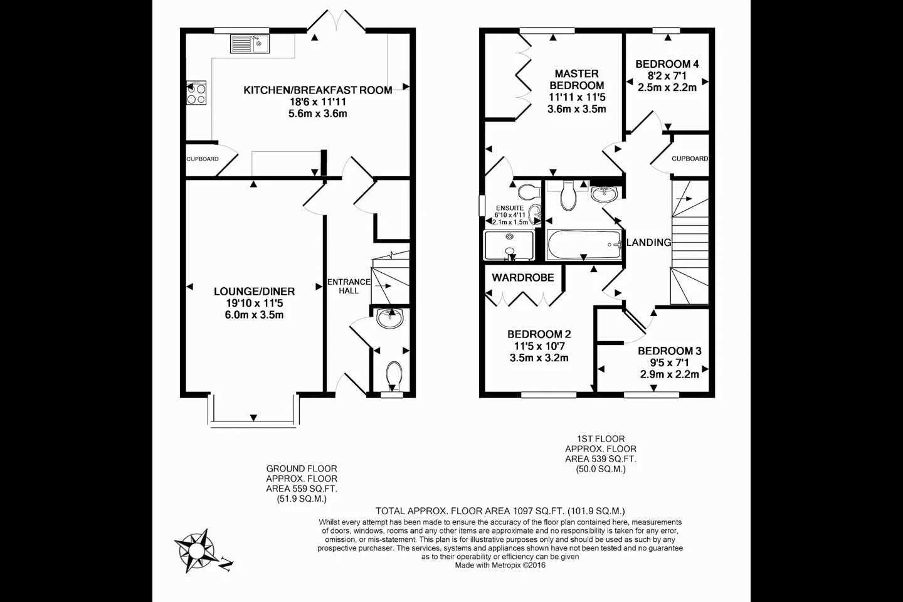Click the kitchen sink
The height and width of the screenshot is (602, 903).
tap(250, 43)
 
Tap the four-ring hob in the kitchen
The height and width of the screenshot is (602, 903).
tap(196, 93)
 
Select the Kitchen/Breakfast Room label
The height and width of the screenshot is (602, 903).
tap(318, 90)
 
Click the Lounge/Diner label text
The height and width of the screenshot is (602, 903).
tap(254, 291)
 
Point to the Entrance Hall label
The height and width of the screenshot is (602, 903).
tap(349, 287)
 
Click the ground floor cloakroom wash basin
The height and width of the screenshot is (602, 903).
tap(390, 319)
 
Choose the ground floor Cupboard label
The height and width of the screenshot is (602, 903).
tap(203, 159)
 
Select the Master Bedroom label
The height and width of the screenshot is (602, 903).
tap(577, 80)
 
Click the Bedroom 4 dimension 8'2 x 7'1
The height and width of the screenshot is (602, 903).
tap(667, 75)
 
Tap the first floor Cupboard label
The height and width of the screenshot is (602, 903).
tap(690, 159)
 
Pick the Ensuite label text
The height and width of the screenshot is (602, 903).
tap(510, 208)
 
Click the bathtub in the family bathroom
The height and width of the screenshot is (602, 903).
tap(584, 245)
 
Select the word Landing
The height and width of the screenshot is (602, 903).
tap(648, 242)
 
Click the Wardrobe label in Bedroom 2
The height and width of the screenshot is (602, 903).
tap(523, 277)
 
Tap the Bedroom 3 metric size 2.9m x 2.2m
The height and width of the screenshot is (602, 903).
tap(670, 374)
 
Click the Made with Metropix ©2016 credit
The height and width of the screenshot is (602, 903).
tap(500, 565)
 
